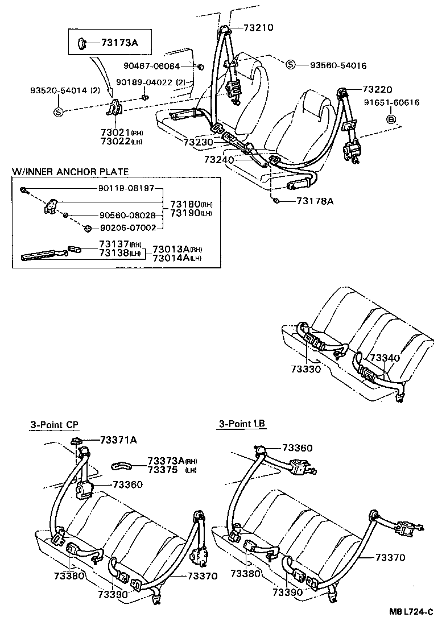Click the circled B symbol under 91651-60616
click(x=391, y=119)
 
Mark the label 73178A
click(x=313, y=201)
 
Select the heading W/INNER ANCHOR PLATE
click(x=70, y=171)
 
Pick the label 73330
click(x=306, y=369)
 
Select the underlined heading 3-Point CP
click(x=55, y=424)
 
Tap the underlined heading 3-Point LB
click(x=242, y=424)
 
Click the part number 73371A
click(x=118, y=440)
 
